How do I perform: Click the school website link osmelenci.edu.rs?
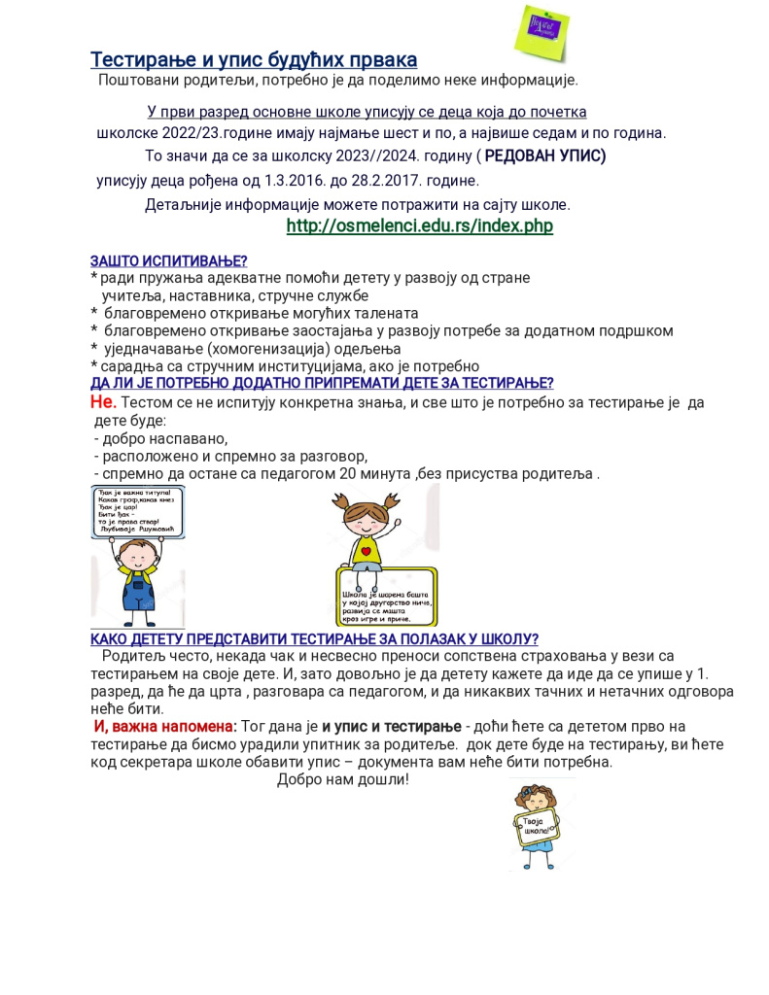[x=419, y=226]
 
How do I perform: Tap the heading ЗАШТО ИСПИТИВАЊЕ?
[x=169, y=260]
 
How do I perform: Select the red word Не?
[x=103, y=402]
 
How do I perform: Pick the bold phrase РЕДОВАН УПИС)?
[x=545, y=155]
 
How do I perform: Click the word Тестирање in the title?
[x=145, y=60]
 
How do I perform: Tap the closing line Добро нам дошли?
[x=343, y=779]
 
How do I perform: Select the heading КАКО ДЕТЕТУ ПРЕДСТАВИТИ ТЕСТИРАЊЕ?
[x=314, y=638]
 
